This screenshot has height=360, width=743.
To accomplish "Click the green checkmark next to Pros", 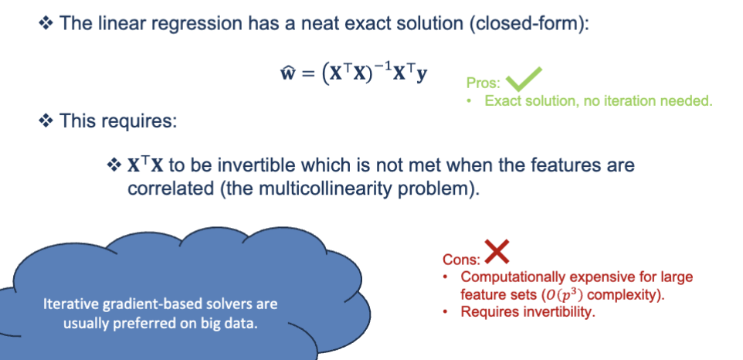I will click(524, 78).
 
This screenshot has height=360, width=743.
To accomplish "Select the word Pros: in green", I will click(483, 83).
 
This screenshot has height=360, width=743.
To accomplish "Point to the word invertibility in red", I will click(548, 312).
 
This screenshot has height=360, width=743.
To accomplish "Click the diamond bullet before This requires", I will click(46, 122).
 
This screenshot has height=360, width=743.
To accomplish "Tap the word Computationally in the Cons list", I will click(511, 277).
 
